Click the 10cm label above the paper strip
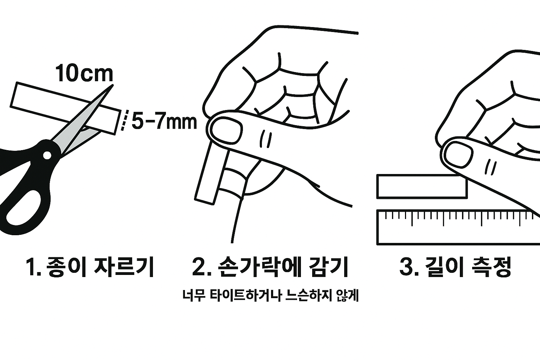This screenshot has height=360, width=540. (x=84, y=73)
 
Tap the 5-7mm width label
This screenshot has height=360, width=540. (x=164, y=122)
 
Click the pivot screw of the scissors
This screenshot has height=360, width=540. (x=47, y=155)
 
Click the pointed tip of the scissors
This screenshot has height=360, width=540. (x=112, y=85)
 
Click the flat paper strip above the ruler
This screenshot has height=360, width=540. (x=422, y=187)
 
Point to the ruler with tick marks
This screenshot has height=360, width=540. (x=458, y=227)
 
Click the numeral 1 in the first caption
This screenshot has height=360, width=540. (x=31, y=267)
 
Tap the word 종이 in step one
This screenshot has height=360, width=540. (x=66, y=267)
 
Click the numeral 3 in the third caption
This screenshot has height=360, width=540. (x=406, y=267)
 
